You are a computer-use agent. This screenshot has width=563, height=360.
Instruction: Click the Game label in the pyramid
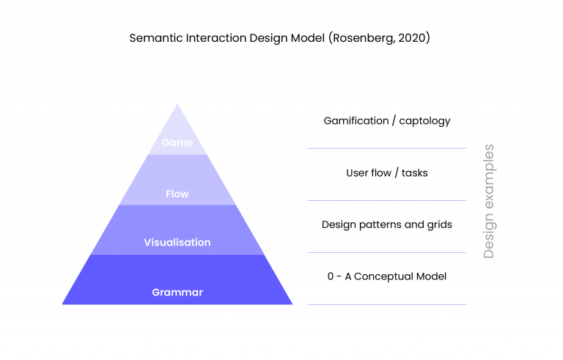[x=177, y=142]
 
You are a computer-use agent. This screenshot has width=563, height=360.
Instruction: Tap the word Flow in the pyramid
[x=177, y=194]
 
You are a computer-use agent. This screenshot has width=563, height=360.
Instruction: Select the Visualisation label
[x=177, y=243]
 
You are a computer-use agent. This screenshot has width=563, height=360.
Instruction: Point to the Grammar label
[x=177, y=293]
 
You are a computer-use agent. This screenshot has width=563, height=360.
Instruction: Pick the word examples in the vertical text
[x=489, y=178]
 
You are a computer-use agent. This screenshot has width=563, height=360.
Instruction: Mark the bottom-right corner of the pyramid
[x=292, y=304]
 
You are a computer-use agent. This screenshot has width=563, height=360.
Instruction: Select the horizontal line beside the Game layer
[x=387, y=148]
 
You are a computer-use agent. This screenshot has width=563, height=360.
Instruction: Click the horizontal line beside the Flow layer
[x=387, y=200]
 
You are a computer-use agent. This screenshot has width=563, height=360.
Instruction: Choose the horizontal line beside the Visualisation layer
[x=387, y=252]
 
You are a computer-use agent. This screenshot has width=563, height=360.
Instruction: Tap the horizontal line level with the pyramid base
[x=387, y=304]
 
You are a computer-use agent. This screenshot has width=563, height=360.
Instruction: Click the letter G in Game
[x=166, y=142]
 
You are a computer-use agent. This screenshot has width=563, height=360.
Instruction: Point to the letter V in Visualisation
[x=147, y=243]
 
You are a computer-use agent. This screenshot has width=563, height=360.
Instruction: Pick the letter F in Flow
[x=169, y=194]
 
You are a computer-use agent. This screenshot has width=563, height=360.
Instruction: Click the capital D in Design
[x=489, y=253]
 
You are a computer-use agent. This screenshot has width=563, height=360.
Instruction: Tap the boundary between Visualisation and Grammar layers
[x=177, y=254]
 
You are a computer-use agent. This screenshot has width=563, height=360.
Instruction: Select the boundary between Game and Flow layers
[x=177, y=155]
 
